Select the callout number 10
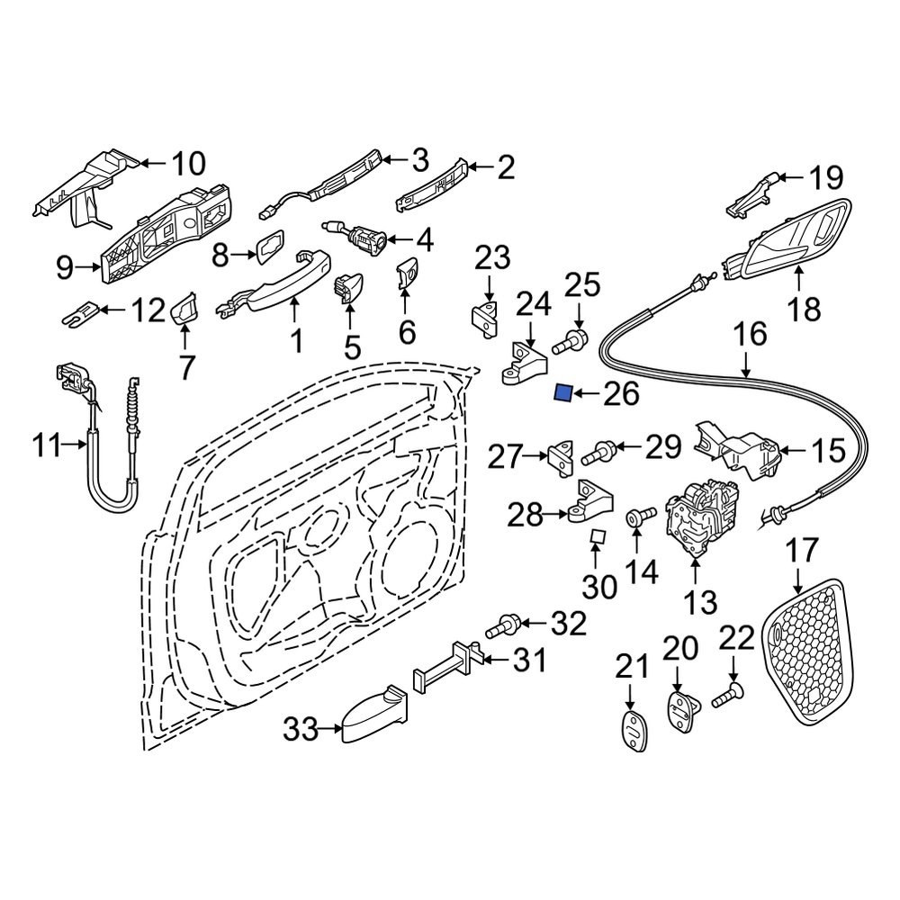tap(188, 164)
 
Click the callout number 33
tap(301, 729)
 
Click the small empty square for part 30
tap(596, 538)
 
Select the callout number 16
tap(749, 336)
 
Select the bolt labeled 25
tap(572, 342)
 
